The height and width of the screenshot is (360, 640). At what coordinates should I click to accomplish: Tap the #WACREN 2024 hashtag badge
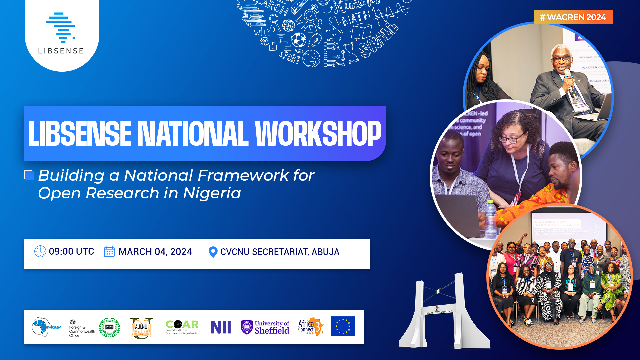click(x=573, y=17)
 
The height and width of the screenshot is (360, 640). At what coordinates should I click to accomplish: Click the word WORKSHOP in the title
click(x=318, y=134)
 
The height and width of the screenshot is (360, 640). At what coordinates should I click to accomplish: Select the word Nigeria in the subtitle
click(x=212, y=193)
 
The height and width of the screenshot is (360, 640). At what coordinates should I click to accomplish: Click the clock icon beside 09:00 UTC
click(x=40, y=251)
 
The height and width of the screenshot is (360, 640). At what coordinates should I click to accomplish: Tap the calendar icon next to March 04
click(x=109, y=252)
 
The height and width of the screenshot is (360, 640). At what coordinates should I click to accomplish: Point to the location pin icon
click(x=213, y=252)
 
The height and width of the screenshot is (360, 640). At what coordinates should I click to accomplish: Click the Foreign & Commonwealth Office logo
click(x=81, y=328)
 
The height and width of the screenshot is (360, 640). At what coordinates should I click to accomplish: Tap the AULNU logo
click(x=141, y=328)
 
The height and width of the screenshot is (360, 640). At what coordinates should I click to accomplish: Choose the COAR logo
click(x=182, y=327)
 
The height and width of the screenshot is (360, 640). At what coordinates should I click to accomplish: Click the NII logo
click(x=221, y=327)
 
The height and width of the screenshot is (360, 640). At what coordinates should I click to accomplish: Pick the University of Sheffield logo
click(x=265, y=327)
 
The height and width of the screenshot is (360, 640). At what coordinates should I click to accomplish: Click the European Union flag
click(x=343, y=326)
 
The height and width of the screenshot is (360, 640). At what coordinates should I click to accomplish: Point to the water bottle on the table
click(x=490, y=218)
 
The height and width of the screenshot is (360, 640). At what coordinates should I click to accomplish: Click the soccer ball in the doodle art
click(x=298, y=40)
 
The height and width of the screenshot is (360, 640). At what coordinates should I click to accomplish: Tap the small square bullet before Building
click(x=29, y=175)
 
